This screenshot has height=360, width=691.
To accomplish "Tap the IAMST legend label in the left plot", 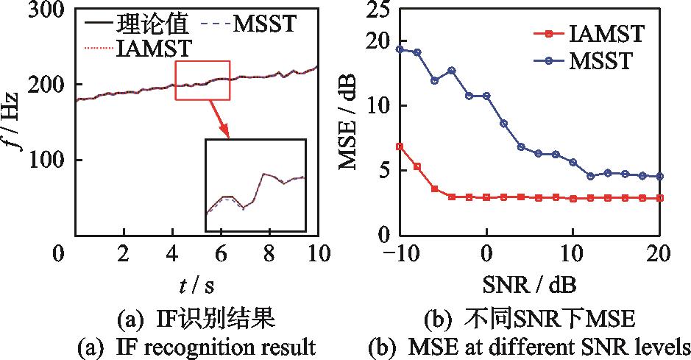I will click(154, 49).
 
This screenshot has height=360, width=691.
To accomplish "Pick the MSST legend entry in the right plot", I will click(600, 60).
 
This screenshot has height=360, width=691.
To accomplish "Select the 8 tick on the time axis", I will click(269, 254).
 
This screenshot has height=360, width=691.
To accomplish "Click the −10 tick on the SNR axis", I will click(395, 254).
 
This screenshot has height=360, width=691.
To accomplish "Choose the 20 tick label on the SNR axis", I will click(659, 254).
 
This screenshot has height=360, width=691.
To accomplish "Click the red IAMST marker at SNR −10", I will click(400, 147).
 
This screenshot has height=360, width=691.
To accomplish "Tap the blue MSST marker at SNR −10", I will click(400, 49).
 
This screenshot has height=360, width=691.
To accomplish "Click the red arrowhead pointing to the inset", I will click(227, 135).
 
